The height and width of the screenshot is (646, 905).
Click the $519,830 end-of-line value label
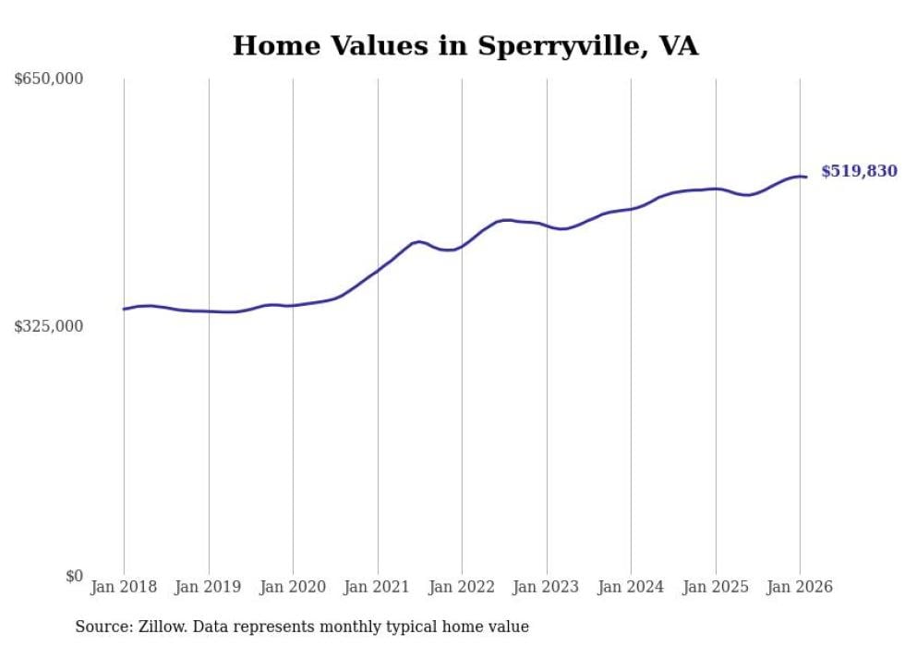tap(859, 171)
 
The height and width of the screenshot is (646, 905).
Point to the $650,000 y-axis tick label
tap(49, 79)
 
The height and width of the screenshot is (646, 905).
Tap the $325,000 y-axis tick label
tap(49, 326)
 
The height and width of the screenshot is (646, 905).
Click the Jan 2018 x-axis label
tap(124, 587)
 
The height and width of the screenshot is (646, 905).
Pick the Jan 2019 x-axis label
tap(209, 587)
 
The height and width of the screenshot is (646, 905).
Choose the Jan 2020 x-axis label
tap(293, 587)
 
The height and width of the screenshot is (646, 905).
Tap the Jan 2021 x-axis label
tap(378, 587)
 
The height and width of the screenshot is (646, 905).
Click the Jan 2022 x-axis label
tap(462, 587)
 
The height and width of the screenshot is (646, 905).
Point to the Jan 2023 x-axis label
tap(547, 587)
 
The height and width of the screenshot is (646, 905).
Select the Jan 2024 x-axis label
tap(631, 587)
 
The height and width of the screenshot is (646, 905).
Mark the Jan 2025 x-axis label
tap(716, 587)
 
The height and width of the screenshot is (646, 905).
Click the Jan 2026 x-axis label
tap(800, 587)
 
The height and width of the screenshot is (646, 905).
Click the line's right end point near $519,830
tap(806, 177)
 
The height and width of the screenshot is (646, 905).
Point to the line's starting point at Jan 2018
tap(124, 309)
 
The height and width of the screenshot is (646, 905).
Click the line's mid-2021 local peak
tap(420, 241)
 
